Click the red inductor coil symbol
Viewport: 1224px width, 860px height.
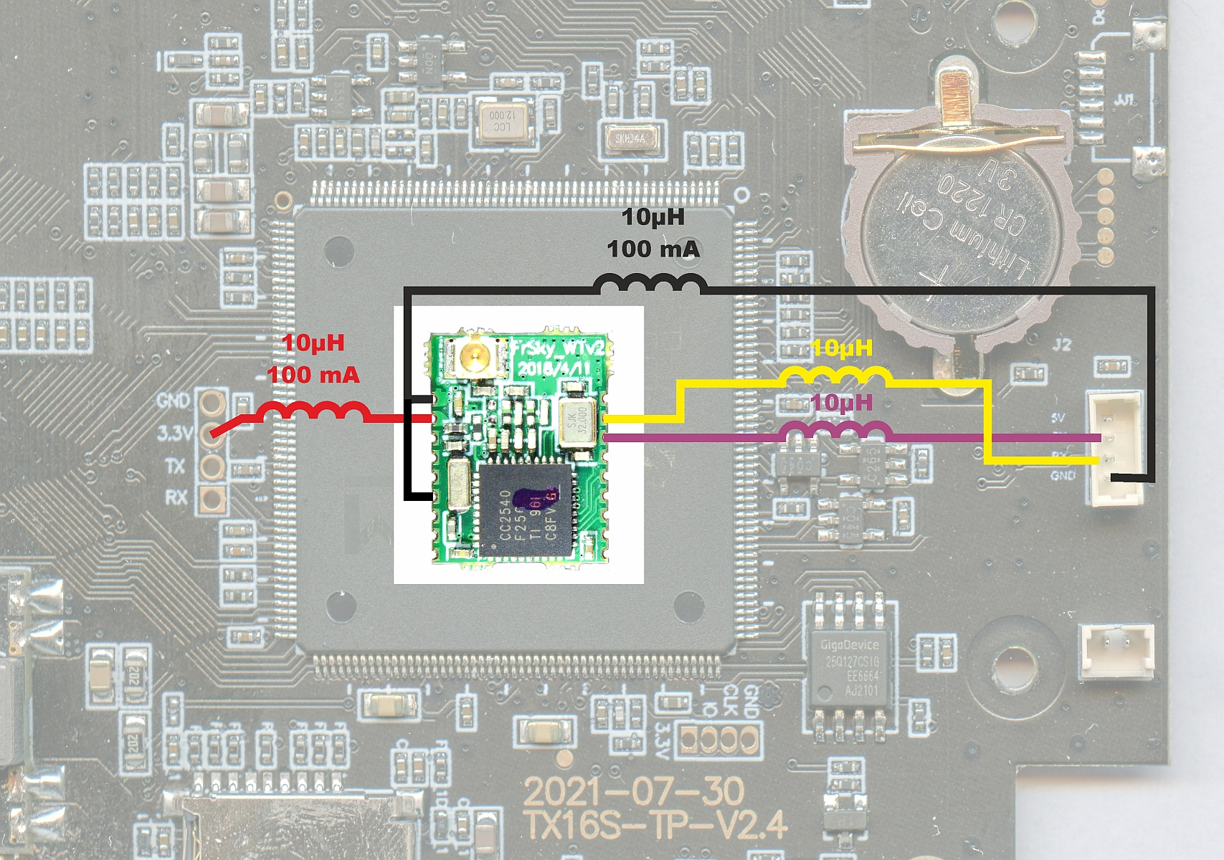(x=313, y=411)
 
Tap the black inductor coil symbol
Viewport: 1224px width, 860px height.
(x=650, y=284)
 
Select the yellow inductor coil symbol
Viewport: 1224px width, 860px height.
(x=835, y=376)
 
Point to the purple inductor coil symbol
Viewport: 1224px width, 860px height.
(x=836, y=431)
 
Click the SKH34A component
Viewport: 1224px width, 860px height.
(x=630, y=138)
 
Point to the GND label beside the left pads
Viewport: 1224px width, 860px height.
(x=174, y=400)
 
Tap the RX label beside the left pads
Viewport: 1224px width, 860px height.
(x=176, y=497)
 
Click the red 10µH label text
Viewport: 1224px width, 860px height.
(x=313, y=343)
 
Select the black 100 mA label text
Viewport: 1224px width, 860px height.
(x=653, y=249)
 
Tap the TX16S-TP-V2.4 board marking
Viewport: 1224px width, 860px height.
(x=655, y=825)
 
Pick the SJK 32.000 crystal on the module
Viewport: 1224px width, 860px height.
(x=577, y=421)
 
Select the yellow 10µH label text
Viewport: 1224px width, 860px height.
(x=842, y=348)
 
